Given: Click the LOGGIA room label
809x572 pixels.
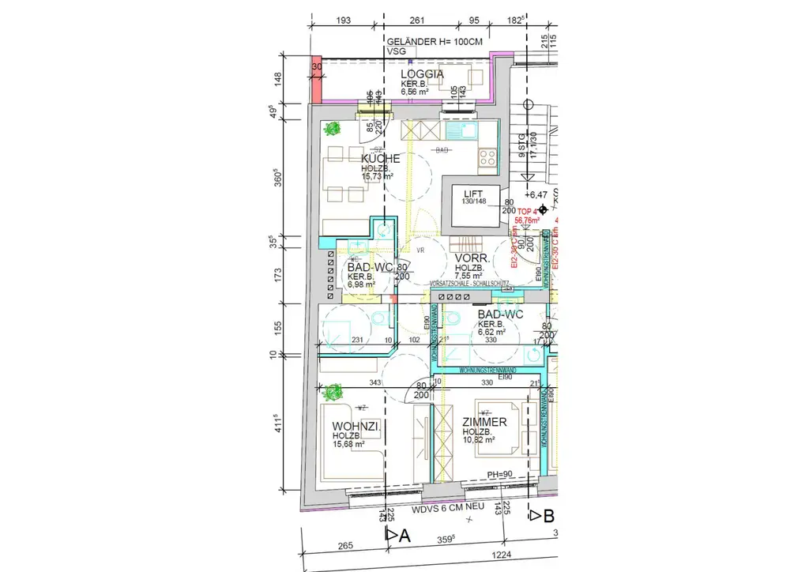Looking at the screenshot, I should (x=422, y=74).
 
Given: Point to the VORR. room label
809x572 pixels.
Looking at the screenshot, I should (x=472, y=258).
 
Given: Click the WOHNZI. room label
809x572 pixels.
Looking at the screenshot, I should (x=357, y=427).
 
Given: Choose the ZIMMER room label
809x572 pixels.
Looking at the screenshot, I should (x=484, y=423).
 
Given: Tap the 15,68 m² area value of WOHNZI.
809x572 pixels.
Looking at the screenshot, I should (x=348, y=445).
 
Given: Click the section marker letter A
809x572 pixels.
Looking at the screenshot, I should (x=405, y=535).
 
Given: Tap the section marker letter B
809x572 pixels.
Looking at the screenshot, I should (x=548, y=516).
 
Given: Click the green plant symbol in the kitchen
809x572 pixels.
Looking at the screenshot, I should (x=334, y=127).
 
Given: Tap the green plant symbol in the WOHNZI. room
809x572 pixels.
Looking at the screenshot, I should (x=334, y=390).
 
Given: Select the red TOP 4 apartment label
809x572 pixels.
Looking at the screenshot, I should (x=527, y=212).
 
